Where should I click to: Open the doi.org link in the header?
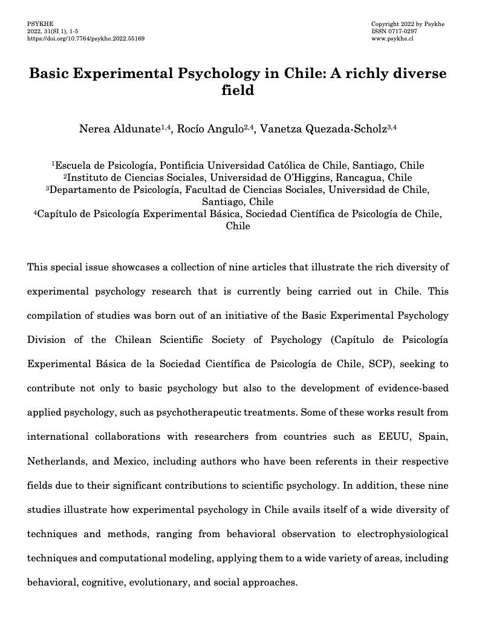click(x=86, y=38)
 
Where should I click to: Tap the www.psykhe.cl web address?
click(x=392, y=38)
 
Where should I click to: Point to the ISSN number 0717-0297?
click(x=398, y=31)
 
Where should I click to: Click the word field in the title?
click(x=240, y=91)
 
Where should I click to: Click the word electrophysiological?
click(x=398, y=534)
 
